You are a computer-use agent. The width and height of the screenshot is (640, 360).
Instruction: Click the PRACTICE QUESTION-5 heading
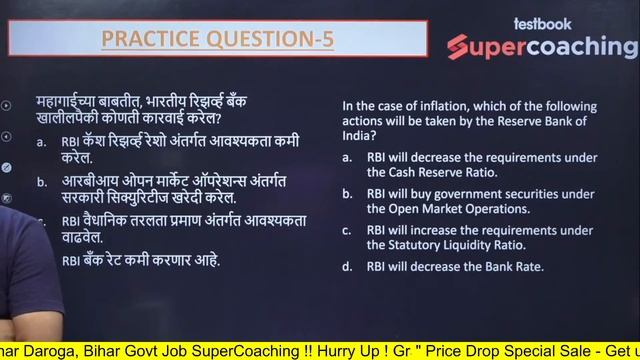217,39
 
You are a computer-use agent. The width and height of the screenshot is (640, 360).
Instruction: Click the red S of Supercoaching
459,48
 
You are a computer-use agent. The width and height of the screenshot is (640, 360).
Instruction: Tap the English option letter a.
346,158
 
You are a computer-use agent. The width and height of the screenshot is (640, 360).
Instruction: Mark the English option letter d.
346,267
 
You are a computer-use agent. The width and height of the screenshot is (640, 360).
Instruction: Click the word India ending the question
358,135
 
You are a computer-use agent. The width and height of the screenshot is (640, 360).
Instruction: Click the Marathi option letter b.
41,182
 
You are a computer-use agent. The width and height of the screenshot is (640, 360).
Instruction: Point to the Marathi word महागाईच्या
71,103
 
